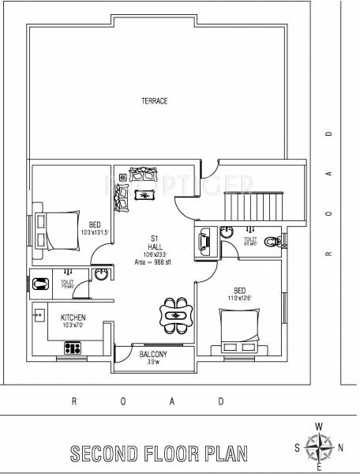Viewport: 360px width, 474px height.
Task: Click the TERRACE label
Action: pyautogui.click(x=154, y=101)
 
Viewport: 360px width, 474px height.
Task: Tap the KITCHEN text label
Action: pyautogui.click(x=73, y=317)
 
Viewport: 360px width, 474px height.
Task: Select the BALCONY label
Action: pyautogui.click(x=153, y=355)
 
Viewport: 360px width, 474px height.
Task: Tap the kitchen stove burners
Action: pyautogui.click(x=73, y=345)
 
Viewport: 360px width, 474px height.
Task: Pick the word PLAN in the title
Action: pyautogui.click(x=223, y=453)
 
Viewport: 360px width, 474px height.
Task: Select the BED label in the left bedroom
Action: pyautogui.click(x=95, y=224)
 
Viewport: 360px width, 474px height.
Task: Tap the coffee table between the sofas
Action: pyautogui.click(x=144, y=194)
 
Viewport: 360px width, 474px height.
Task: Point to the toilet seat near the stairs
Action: pyautogui.click(x=271, y=241)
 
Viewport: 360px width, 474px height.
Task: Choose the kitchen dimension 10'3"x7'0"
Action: pyautogui.click(x=73, y=325)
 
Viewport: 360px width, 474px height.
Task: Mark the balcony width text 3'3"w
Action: pyautogui.click(x=153, y=363)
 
